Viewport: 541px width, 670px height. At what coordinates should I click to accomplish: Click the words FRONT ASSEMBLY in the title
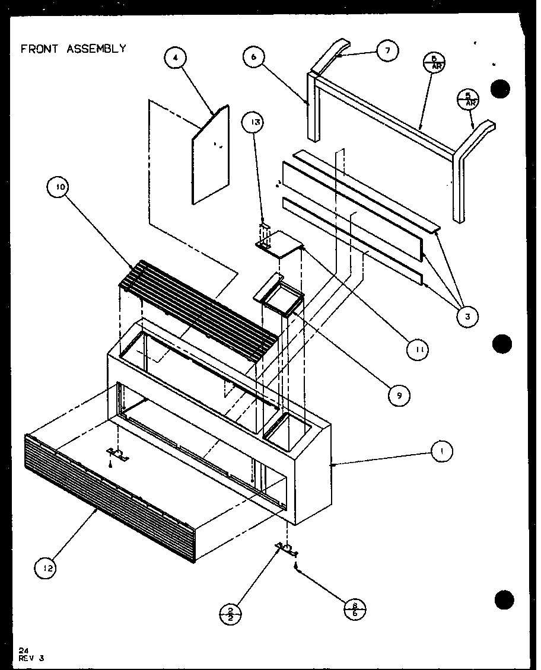click(x=74, y=49)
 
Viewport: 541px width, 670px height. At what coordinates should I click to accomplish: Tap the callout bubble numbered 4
click(x=176, y=58)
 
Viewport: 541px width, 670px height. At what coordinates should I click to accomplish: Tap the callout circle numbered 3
click(x=467, y=317)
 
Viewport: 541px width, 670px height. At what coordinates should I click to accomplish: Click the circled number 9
click(x=400, y=395)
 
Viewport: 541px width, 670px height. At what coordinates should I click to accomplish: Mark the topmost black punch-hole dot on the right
click(x=501, y=90)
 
